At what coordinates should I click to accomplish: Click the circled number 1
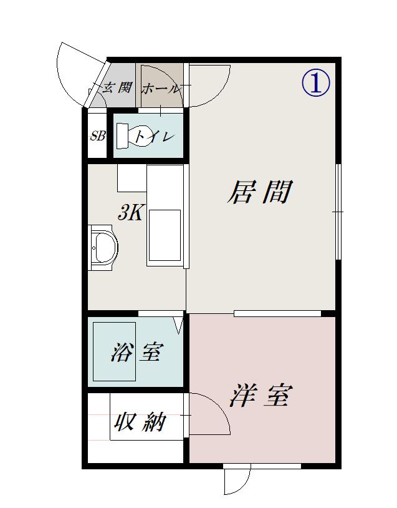point(316,83)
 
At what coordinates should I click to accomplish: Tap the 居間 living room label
point(260,192)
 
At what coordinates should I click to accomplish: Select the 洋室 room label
point(261,396)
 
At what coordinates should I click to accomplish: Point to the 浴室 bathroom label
point(137,352)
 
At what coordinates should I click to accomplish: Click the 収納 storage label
point(140,422)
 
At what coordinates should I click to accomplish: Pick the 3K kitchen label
point(130,213)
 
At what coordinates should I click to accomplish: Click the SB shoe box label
point(97,136)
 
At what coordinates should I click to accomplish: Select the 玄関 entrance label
point(117,87)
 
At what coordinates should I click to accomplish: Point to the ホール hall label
point(160,88)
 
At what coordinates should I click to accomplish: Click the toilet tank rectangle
point(122,136)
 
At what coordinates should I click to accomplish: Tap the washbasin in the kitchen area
point(103,248)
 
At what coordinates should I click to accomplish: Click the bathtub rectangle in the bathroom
point(114,351)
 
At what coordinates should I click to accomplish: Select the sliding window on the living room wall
point(338,212)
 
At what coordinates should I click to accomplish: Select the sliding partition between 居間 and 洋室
point(277,313)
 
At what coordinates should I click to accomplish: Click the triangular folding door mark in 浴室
point(179,325)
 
